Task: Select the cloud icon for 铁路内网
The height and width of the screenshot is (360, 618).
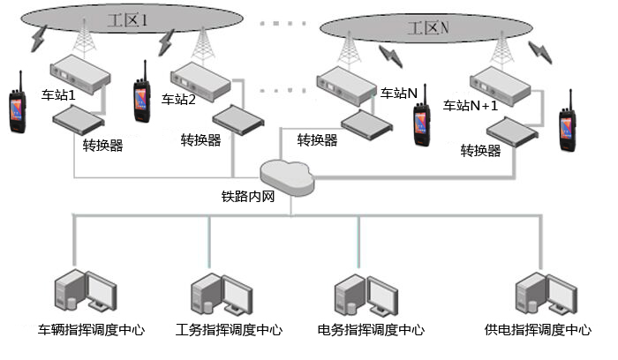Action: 286,173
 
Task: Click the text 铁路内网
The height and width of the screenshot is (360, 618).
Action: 248,197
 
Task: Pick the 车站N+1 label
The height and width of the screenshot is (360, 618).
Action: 471,104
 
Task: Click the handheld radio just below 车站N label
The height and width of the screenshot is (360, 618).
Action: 419,120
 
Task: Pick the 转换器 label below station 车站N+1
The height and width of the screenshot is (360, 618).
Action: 480,151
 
